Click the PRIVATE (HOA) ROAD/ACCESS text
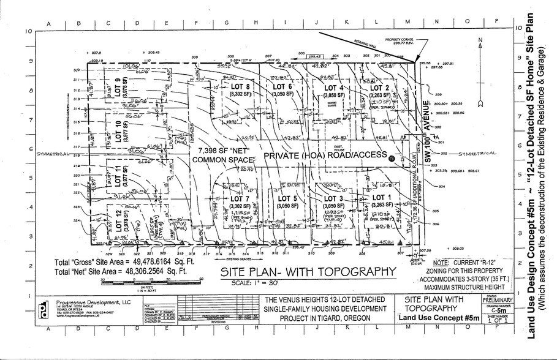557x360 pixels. [325, 156]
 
